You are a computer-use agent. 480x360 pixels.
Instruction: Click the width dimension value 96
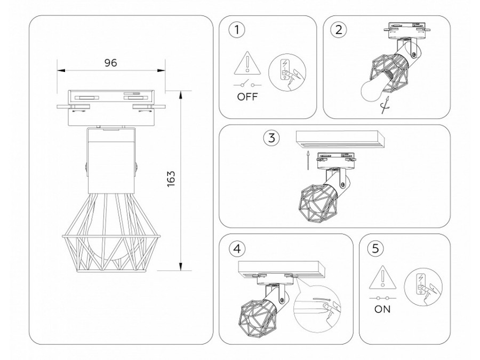coord(110,62)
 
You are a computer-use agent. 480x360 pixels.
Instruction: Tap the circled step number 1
coord(237,29)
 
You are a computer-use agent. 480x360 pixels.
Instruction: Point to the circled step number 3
coord(271,138)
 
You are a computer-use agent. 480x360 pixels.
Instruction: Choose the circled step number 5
coord(377,248)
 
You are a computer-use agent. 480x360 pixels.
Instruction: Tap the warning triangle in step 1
coord(247,64)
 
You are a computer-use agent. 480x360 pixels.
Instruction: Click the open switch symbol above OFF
coord(246,85)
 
